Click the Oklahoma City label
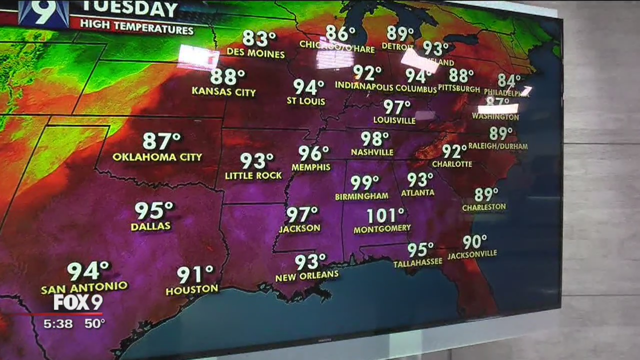(x=157, y=157)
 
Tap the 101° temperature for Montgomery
(x=385, y=216)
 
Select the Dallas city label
(x=150, y=226)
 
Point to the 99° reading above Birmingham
(x=364, y=183)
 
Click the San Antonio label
(x=84, y=288)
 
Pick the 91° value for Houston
(x=195, y=274)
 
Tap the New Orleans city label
(x=307, y=275)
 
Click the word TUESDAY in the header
(x=129, y=9)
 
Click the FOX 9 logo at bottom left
(x=78, y=302)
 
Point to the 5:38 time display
(x=58, y=324)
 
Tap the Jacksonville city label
(x=472, y=254)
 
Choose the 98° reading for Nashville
(x=374, y=138)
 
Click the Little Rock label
(x=253, y=175)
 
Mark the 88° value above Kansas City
(x=227, y=77)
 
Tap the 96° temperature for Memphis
(x=313, y=153)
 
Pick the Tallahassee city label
(x=417, y=262)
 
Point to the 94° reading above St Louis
(x=308, y=87)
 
